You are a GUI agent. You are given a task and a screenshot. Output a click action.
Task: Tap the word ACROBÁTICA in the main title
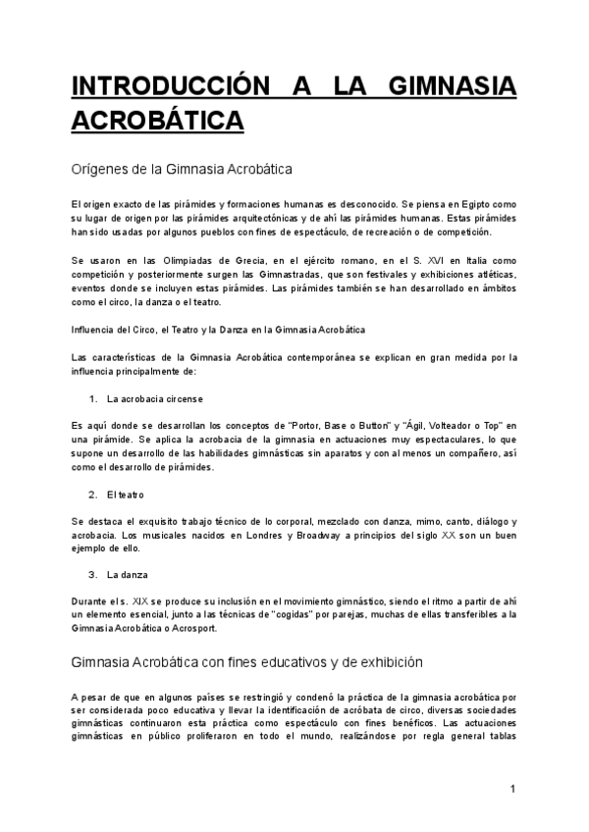coord(157,121)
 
